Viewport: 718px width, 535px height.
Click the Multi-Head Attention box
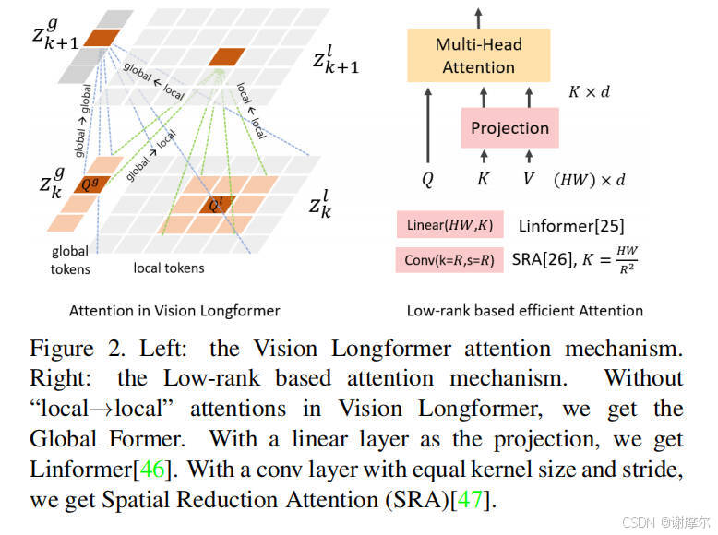(478, 55)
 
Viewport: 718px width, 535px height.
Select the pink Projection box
(509, 127)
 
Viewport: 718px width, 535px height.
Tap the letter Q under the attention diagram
(427, 179)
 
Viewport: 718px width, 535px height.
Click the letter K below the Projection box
(483, 179)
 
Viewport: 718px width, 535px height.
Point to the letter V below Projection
(528, 179)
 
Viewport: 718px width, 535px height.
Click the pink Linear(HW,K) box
(449, 225)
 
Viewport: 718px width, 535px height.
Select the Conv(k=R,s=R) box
(449, 259)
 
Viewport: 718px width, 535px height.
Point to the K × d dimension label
(590, 92)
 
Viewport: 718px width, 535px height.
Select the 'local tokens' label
(167, 267)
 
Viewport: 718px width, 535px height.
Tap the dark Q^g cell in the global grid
(90, 183)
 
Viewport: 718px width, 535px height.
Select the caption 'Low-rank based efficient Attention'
(524, 310)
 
